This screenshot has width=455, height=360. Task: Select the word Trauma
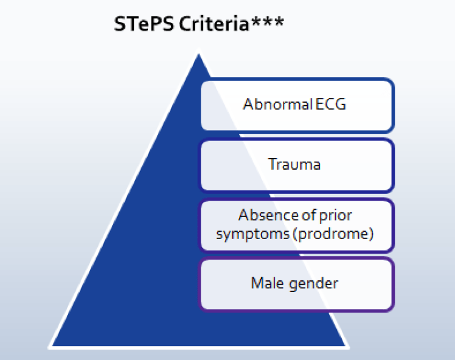click(294, 164)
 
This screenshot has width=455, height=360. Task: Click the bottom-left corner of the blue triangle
click(50, 347)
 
